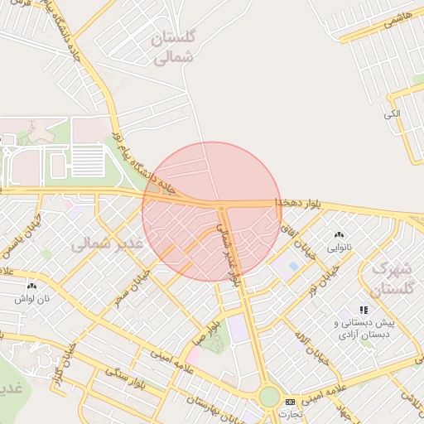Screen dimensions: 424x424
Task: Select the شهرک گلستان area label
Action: [393, 278]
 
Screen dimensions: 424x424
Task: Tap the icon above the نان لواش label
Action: [24, 284]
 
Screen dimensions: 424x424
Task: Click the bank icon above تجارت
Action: [290, 402]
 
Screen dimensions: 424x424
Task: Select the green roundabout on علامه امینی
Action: [269, 397]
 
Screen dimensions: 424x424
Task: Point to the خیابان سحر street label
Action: [134, 283]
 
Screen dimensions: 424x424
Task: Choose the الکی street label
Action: [392, 113]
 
